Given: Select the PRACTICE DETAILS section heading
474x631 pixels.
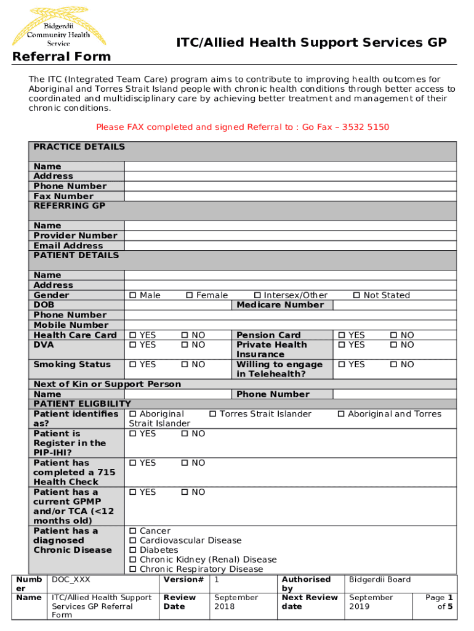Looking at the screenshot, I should [79, 147].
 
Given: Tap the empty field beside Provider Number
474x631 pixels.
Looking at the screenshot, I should [290, 236].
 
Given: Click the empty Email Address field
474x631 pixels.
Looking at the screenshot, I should [290, 246].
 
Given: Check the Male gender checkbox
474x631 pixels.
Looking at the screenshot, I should [133, 296].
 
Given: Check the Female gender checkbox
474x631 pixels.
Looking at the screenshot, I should [190, 296].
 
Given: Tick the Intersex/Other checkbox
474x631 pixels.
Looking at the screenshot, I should [258, 296].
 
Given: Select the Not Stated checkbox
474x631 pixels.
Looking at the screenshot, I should [356, 296].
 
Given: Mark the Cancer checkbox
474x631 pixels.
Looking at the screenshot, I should [133, 531].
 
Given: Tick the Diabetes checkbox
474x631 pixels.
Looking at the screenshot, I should [133, 550].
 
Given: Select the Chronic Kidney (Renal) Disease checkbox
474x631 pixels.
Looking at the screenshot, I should [133, 560].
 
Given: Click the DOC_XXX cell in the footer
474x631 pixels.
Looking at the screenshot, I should [71, 580].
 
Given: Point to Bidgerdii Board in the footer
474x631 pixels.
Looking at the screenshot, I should [380, 580].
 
